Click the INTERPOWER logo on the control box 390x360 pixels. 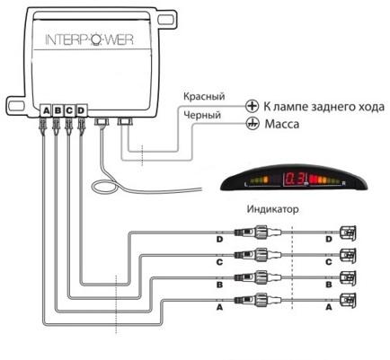[x=89, y=40]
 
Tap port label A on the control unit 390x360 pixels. [x=46, y=110]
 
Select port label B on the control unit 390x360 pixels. [x=58, y=110]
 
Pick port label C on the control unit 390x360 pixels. [x=69, y=110]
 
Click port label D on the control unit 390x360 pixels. [x=81, y=110]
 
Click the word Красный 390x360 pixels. [x=204, y=97]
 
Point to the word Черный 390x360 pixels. [x=202, y=115]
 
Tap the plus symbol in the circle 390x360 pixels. [x=252, y=106]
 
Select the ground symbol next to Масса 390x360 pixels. [x=253, y=124]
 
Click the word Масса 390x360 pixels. [x=282, y=124]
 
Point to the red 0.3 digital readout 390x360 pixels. [x=293, y=180]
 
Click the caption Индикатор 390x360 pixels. [x=272, y=209]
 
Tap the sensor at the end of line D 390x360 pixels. [x=348, y=233]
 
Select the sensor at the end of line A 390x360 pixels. [x=348, y=300]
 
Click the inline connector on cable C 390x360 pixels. [x=258, y=255]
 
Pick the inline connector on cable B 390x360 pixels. [x=258, y=277]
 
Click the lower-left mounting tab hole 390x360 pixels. [x=17, y=105]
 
